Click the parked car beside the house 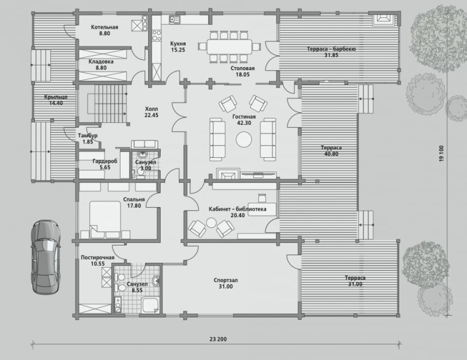(x=46, y=257)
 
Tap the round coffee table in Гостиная (x=244, y=139)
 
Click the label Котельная (x=104, y=27)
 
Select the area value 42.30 (x=244, y=123)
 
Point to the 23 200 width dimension (x=218, y=339)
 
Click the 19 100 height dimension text (x=441, y=154)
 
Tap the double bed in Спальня (x=105, y=220)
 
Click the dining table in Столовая (x=230, y=47)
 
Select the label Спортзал (x=226, y=280)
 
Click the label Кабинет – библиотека (x=237, y=209)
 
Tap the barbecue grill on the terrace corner (x=384, y=19)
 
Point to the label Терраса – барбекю (x=331, y=49)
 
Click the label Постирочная (x=98, y=257)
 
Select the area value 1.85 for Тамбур (x=88, y=142)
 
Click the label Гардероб (x=105, y=161)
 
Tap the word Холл (x=151, y=109)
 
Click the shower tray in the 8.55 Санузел (x=150, y=305)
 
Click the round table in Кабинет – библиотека (x=211, y=223)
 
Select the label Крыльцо (x=56, y=97)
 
